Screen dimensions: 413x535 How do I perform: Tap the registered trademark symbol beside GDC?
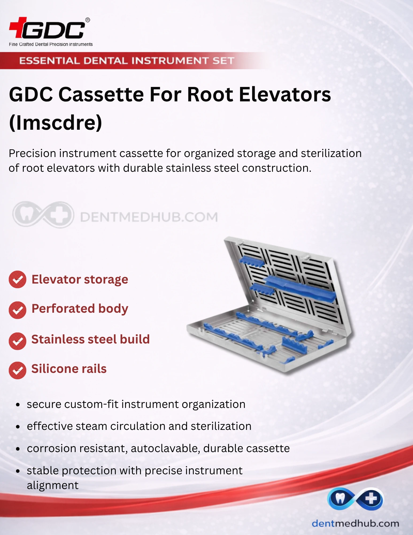tap(87, 20)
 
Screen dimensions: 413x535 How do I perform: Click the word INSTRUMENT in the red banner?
tap(170, 61)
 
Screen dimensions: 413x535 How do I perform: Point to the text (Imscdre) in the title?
tap(56, 122)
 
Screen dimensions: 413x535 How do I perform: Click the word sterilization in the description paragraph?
tap(331, 153)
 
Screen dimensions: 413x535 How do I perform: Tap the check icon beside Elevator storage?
tap(17, 280)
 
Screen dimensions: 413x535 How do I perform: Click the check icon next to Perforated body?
tap(17, 310)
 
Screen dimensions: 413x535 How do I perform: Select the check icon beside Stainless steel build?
tap(17, 341)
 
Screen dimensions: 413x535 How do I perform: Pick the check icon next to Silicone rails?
tap(17, 370)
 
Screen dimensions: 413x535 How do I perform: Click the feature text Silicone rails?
tap(69, 369)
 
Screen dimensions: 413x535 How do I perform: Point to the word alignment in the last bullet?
tap(53, 485)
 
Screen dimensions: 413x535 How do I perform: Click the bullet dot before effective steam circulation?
tap(18, 427)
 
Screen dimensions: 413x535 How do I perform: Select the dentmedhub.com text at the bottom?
tap(356, 523)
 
